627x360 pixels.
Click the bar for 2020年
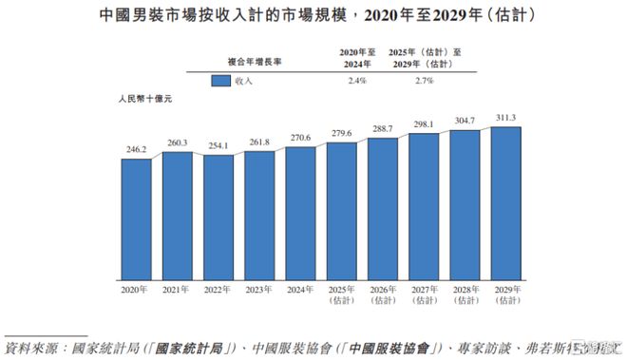[x=136, y=218]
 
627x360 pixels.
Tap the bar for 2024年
[x=300, y=213]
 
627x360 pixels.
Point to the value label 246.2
[x=136, y=150]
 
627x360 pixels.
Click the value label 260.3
[x=177, y=143]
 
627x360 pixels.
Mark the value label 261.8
[x=259, y=143]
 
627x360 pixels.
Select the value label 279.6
[x=341, y=135]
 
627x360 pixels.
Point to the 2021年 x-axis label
[x=177, y=289]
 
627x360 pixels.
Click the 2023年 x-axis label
[x=259, y=289]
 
